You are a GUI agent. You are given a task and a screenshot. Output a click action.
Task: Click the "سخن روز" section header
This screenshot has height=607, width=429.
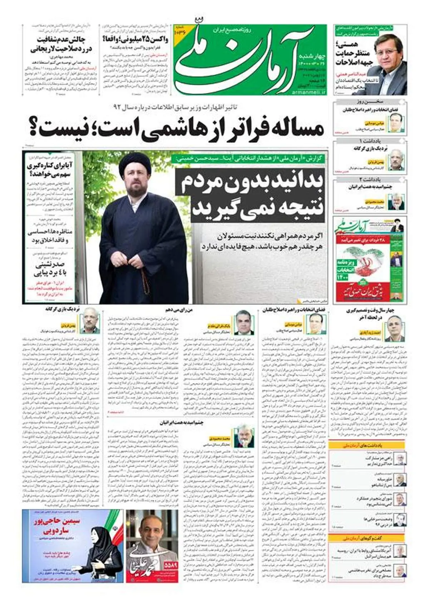coord(370,102)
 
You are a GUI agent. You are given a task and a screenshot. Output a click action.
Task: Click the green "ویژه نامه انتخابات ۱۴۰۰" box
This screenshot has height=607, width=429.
coord(345,268)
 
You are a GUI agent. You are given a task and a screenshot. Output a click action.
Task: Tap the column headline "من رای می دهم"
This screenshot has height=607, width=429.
coord(179,310)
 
